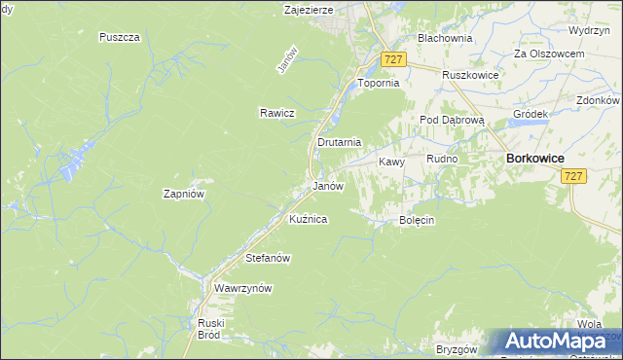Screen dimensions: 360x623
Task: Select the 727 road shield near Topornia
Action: pyautogui.click(x=393, y=59)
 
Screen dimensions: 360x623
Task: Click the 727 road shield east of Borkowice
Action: pyautogui.click(x=573, y=175)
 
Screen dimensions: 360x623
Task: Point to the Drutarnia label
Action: pyautogui.click(x=339, y=142)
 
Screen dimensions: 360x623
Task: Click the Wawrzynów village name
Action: pyautogui.click(x=242, y=288)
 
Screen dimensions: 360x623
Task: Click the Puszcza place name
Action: pyautogui.click(x=120, y=37)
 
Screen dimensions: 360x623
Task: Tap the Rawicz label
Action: pyautogui.click(x=276, y=113)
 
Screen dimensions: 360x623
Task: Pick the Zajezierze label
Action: pyautogui.click(x=309, y=10)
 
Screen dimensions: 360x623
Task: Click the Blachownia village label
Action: pyautogui.click(x=444, y=38)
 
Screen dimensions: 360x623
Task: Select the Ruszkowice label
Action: pyautogui.click(x=469, y=75)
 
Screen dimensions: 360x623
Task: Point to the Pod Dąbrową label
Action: pyautogui.click(x=445, y=119)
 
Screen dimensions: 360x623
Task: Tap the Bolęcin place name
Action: pyautogui.click(x=416, y=220)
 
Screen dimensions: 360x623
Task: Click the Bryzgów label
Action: pyautogui.click(x=456, y=348)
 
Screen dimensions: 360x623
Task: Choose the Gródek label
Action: pyautogui.click(x=531, y=113)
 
